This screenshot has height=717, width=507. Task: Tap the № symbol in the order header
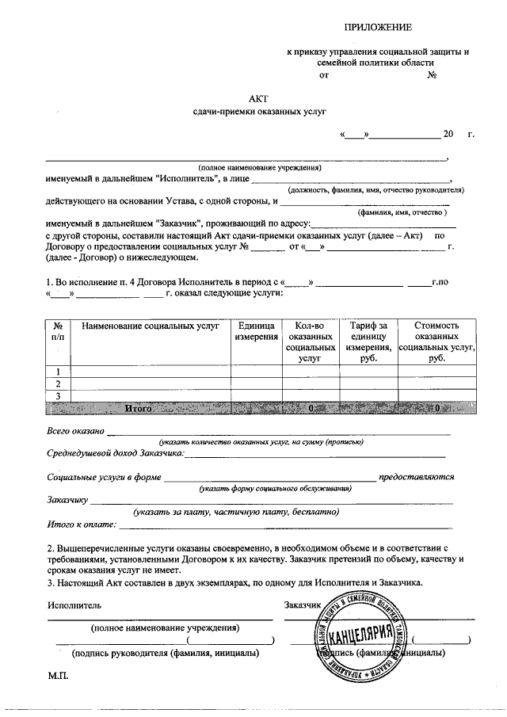433,76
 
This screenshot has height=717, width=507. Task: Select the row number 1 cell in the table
58,372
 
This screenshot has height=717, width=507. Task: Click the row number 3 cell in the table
58,395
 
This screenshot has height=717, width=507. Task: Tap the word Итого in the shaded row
139,408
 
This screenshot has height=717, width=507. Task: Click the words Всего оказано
75,431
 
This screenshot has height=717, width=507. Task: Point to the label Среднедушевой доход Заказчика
115,453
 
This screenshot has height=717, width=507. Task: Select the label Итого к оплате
81,524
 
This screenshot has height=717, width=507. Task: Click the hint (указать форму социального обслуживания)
276,489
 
